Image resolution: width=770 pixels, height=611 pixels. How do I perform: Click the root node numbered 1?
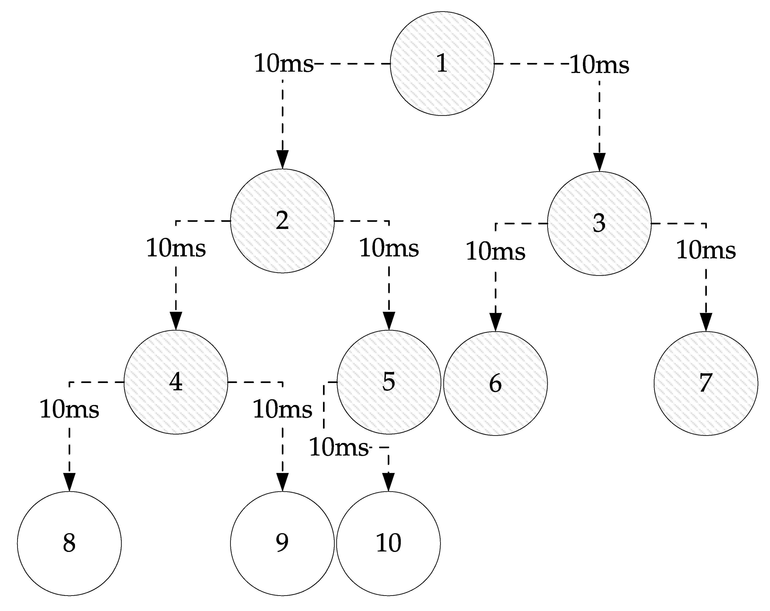[x=442, y=64]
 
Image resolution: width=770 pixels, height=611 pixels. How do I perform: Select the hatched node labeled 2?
[x=282, y=221]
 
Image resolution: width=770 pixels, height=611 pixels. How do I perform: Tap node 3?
[x=599, y=224]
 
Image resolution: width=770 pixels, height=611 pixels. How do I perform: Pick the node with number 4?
[x=176, y=382]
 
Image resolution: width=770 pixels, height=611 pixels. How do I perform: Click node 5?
[x=389, y=382]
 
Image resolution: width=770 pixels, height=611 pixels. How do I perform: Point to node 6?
[x=495, y=383]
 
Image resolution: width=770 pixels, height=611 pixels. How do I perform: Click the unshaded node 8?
[x=69, y=543]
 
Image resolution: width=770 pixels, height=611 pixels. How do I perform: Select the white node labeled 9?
[x=282, y=543]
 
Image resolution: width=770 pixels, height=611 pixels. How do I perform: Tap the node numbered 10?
[x=389, y=543]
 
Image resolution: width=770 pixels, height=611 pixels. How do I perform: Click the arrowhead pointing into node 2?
[x=283, y=159]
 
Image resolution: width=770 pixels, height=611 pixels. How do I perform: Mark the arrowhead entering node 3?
[x=599, y=162]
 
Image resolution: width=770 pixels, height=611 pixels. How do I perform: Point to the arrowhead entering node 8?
[x=69, y=482]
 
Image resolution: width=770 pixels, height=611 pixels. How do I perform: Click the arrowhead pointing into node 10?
[x=389, y=482]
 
